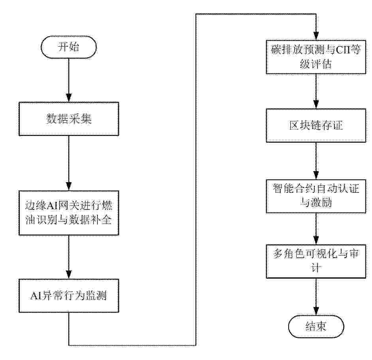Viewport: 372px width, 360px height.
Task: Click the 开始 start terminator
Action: tap(69, 47)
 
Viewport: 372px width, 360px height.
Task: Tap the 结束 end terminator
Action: tap(316, 326)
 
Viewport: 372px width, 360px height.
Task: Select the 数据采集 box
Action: tap(69, 119)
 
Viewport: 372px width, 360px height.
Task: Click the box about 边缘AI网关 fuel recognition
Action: tap(69, 213)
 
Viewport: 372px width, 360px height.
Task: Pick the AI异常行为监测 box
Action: tap(69, 296)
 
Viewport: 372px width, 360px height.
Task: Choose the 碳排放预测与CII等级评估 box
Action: tap(316, 57)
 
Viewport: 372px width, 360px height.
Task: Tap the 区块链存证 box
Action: tap(316, 125)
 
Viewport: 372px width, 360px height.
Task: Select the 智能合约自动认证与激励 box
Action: tap(316, 196)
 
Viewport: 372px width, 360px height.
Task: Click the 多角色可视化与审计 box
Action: tap(316, 261)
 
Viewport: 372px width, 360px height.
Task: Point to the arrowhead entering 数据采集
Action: tap(69, 98)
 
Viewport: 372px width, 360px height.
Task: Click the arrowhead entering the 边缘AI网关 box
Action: tap(69, 187)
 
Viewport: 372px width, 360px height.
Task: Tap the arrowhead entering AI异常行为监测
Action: tap(69, 275)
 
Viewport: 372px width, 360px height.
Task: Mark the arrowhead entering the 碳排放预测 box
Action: tap(316, 36)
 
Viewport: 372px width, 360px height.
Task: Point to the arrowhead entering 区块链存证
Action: tap(316, 105)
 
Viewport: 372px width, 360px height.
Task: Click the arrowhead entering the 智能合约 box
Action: tap(316, 175)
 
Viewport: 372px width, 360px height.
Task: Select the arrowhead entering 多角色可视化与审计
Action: tap(316, 241)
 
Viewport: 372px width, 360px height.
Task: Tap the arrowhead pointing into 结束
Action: tap(316, 311)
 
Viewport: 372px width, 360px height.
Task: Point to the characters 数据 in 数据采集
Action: tap(57, 119)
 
